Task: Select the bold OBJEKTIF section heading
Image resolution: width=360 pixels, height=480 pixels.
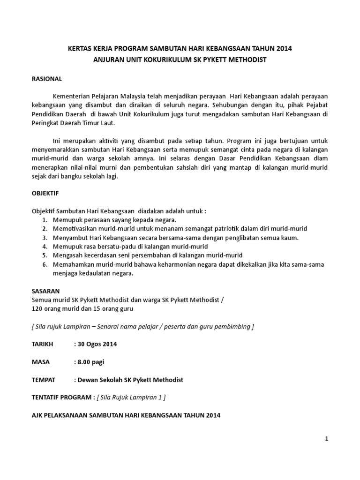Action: point(45,193)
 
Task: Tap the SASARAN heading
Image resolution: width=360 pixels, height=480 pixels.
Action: point(45,291)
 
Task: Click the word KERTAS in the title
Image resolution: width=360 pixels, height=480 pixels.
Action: point(80,48)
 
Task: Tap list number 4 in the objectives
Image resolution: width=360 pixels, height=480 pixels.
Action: point(45,246)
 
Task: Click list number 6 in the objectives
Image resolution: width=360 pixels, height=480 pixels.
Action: point(45,264)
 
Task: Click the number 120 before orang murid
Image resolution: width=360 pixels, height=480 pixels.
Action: point(37,308)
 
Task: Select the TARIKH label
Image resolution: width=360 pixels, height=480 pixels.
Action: point(44,344)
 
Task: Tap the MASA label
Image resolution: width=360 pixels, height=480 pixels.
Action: point(41,362)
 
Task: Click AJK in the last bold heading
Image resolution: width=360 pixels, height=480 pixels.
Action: point(37,415)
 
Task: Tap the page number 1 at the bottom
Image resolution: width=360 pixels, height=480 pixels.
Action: point(327,439)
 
